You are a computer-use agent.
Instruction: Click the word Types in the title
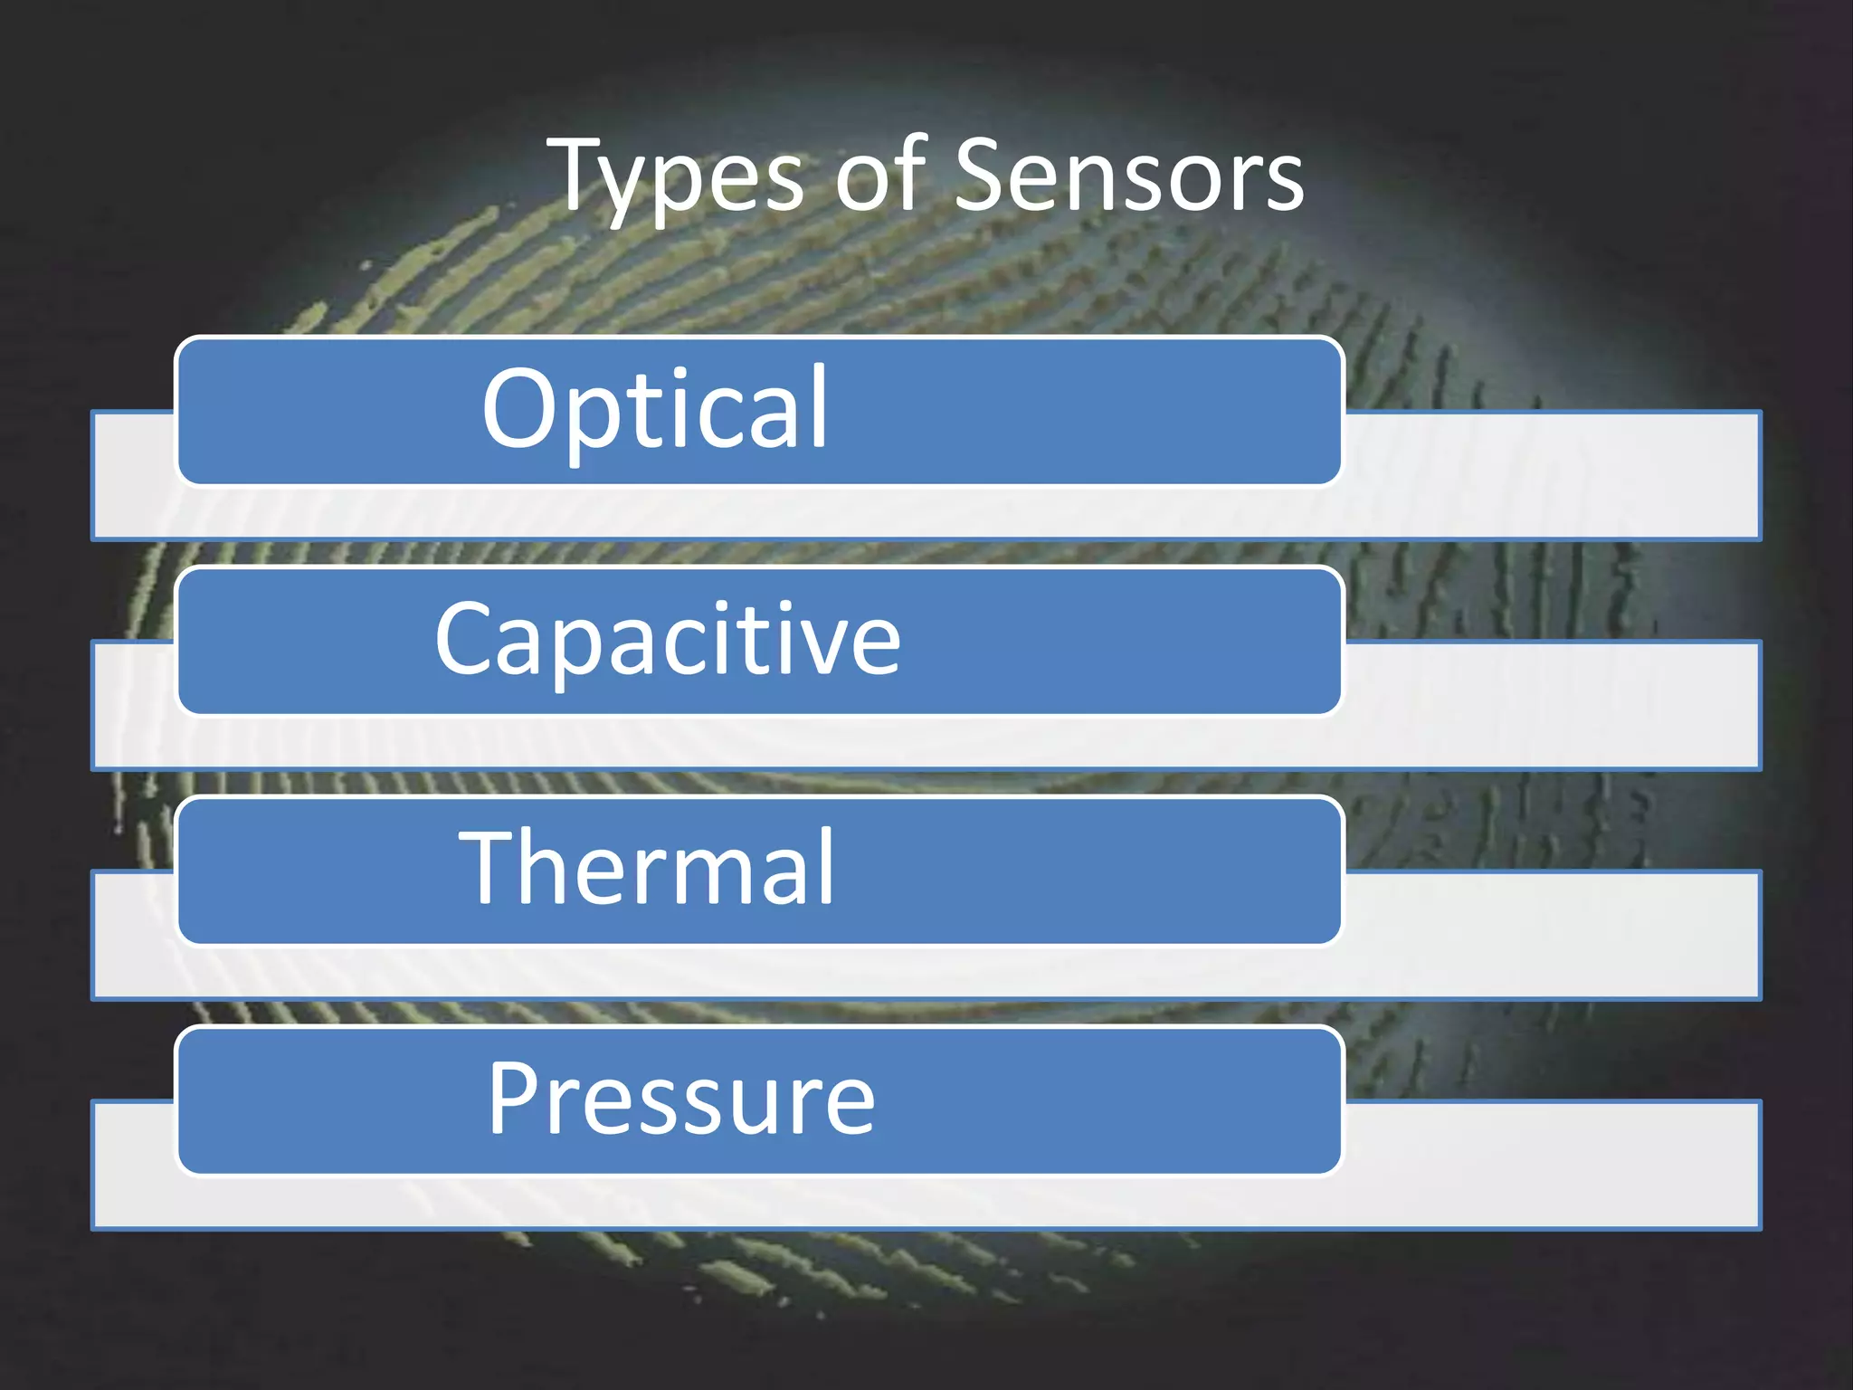click(679, 176)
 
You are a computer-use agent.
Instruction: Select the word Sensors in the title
click(1128, 176)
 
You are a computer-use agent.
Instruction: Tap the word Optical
click(654, 409)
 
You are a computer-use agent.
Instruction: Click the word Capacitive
click(668, 640)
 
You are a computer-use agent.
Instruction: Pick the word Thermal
click(646, 868)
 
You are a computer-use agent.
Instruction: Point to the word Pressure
click(681, 1099)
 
